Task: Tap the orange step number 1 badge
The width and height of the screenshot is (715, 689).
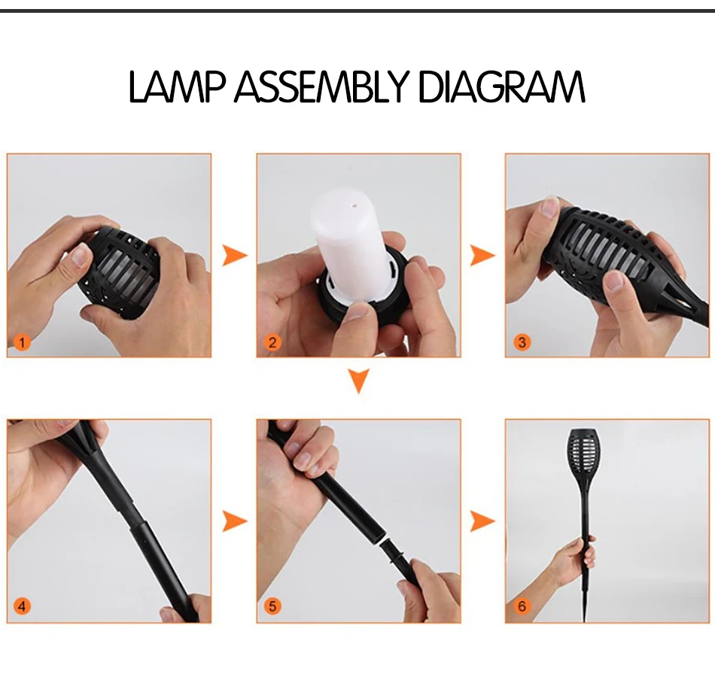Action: [x=22, y=341]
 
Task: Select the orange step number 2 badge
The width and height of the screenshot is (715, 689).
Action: [x=272, y=341]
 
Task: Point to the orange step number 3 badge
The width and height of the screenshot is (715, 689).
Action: [x=522, y=341]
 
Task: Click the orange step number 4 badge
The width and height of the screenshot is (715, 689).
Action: [x=22, y=606]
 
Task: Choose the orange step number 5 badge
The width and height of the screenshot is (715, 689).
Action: [x=272, y=606]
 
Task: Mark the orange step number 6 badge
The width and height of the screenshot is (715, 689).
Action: [x=522, y=606]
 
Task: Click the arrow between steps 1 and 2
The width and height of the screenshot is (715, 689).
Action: [x=234, y=255]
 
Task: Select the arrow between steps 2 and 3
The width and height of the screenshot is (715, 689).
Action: [x=482, y=255]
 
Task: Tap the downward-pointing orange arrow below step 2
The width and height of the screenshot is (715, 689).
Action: [x=359, y=381]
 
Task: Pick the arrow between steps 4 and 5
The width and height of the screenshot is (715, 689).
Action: [x=234, y=521]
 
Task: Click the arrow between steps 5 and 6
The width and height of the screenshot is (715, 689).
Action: [x=482, y=521]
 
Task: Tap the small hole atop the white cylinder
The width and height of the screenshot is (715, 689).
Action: [x=351, y=205]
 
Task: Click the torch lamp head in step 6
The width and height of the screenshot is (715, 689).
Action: [x=583, y=453]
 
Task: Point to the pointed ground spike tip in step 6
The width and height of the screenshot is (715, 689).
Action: [x=584, y=621]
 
